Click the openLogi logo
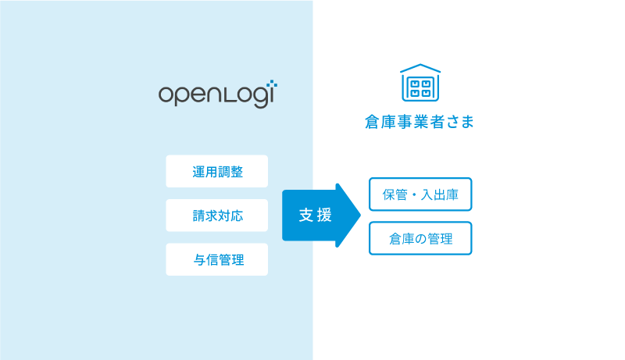pyautogui.click(x=218, y=94)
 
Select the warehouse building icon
pyautogui.click(x=420, y=83)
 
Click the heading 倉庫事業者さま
pyautogui.click(x=420, y=122)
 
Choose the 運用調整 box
pyautogui.click(x=217, y=171)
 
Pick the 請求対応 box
pyautogui.click(x=217, y=216)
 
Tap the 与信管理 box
pyautogui.click(x=217, y=259)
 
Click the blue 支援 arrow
pyautogui.click(x=321, y=216)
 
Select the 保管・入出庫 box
pyautogui.click(x=420, y=194)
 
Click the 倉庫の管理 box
pyautogui.click(x=420, y=238)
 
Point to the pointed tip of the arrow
pyautogui.click(x=360, y=216)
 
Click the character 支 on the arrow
pyautogui.click(x=305, y=215)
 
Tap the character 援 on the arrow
pyautogui.click(x=324, y=215)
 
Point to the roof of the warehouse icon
pyautogui.click(x=420, y=68)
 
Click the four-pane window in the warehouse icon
pyautogui.click(x=420, y=88)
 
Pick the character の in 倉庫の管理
pyautogui.click(x=420, y=239)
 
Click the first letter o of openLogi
pyautogui.click(x=166, y=94)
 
